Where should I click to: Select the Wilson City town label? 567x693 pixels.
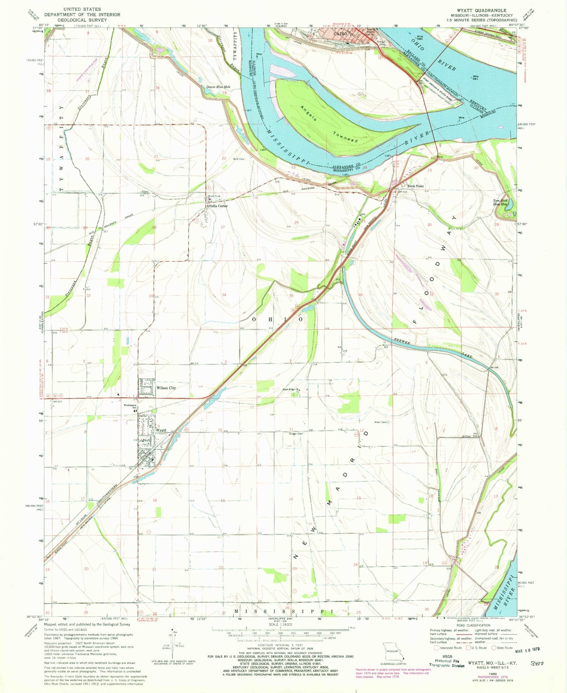[166, 388]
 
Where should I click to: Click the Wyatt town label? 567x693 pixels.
[161, 430]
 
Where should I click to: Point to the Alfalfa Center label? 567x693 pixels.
[217, 206]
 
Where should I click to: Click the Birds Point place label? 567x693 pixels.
[415, 186]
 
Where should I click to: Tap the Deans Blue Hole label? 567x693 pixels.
[218, 87]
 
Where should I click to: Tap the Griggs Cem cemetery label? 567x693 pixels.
[295, 434]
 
